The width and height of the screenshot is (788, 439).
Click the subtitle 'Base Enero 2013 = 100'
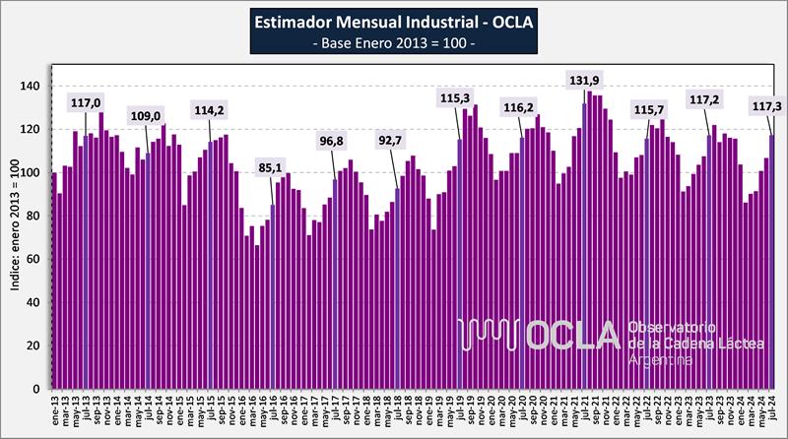click(394, 42)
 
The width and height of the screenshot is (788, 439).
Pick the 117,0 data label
click(86, 101)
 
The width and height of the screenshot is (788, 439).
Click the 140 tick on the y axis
click(33, 87)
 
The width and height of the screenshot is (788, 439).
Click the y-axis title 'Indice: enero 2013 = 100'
click(14, 237)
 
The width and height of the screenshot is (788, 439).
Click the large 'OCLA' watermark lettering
click(570, 336)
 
